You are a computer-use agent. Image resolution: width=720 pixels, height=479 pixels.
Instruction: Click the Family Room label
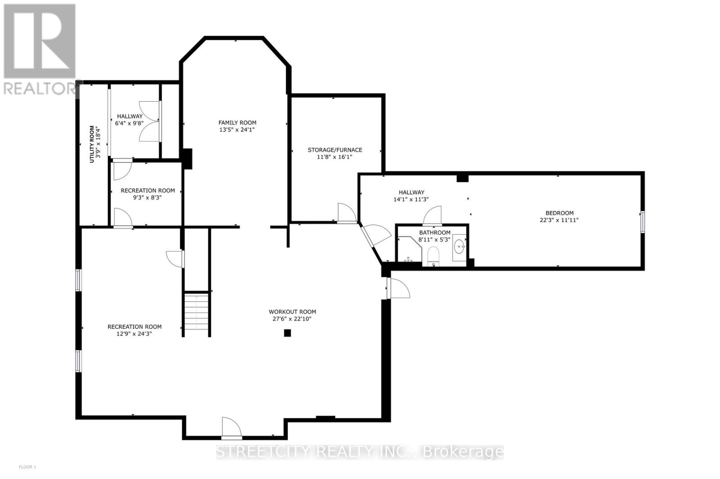(237, 122)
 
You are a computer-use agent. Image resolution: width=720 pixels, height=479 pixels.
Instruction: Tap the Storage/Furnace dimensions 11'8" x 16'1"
(335, 157)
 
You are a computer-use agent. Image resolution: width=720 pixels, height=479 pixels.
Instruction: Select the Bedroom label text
(559, 213)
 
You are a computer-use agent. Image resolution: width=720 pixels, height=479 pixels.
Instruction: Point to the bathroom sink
(459, 246)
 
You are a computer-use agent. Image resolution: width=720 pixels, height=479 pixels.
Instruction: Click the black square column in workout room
(287, 333)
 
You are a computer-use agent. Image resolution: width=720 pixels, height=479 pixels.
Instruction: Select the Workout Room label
(292, 311)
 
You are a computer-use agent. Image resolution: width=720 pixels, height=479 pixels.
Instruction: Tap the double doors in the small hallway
(149, 121)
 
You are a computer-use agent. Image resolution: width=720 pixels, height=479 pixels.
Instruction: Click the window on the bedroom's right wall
(642, 222)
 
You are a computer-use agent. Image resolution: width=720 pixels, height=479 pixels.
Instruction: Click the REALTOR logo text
(40, 88)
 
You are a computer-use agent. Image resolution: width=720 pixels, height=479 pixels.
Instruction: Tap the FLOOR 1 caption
(27, 467)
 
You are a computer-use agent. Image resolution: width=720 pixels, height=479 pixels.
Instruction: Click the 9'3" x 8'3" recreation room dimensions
(147, 197)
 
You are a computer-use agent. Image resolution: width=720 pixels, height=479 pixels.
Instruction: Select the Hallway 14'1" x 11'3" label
(411, 196)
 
